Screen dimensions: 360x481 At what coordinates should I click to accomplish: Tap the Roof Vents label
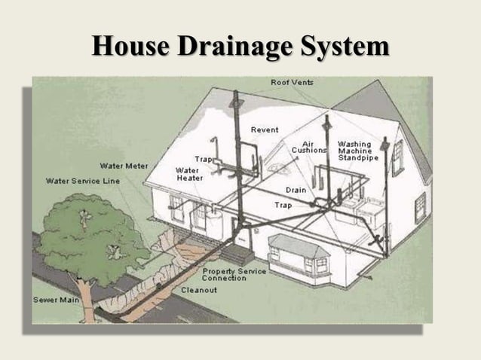[293, 81]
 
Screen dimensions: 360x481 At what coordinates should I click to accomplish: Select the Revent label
[265, 130]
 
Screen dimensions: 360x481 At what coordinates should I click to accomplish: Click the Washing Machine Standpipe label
[354, 151]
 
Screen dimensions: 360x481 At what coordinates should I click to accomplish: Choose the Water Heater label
[187, 174]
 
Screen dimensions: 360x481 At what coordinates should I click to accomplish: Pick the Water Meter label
[124, 165]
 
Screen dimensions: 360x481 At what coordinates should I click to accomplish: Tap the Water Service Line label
[83, 181]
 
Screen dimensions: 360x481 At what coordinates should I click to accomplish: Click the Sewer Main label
[56, 299]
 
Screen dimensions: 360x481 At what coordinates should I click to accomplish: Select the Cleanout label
[199, 289]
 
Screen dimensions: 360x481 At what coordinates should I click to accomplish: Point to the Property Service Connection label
[234, 274]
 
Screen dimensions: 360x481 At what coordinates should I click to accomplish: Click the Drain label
[296, 190]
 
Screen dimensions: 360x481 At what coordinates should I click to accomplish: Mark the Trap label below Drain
[283, 204]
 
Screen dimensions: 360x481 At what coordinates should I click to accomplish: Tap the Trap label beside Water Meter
[204, 159]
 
